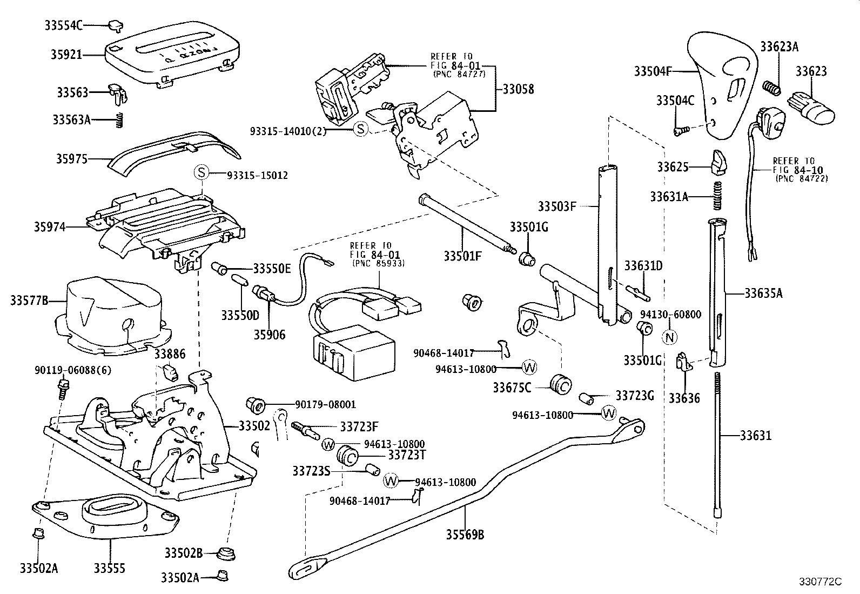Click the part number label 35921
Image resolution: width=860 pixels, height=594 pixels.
[66, 55]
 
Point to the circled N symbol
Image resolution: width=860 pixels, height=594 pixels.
[669, 337]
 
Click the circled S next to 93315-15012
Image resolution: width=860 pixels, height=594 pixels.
[201, 173]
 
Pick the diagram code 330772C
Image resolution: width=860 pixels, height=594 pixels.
[821, 582]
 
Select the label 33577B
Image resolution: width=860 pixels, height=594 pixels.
[29, 300]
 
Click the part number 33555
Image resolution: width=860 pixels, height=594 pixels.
[110, 568]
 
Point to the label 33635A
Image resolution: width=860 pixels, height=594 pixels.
[763, 293]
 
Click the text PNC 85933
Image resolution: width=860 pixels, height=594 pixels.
[379, 263]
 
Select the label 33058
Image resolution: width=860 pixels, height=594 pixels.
[518, 90]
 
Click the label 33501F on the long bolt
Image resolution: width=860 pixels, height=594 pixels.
[462, 256]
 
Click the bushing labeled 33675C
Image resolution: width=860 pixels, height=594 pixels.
[561, 384]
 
